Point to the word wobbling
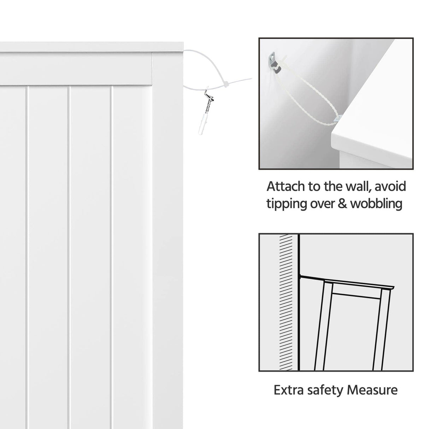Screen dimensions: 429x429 [376, 204]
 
